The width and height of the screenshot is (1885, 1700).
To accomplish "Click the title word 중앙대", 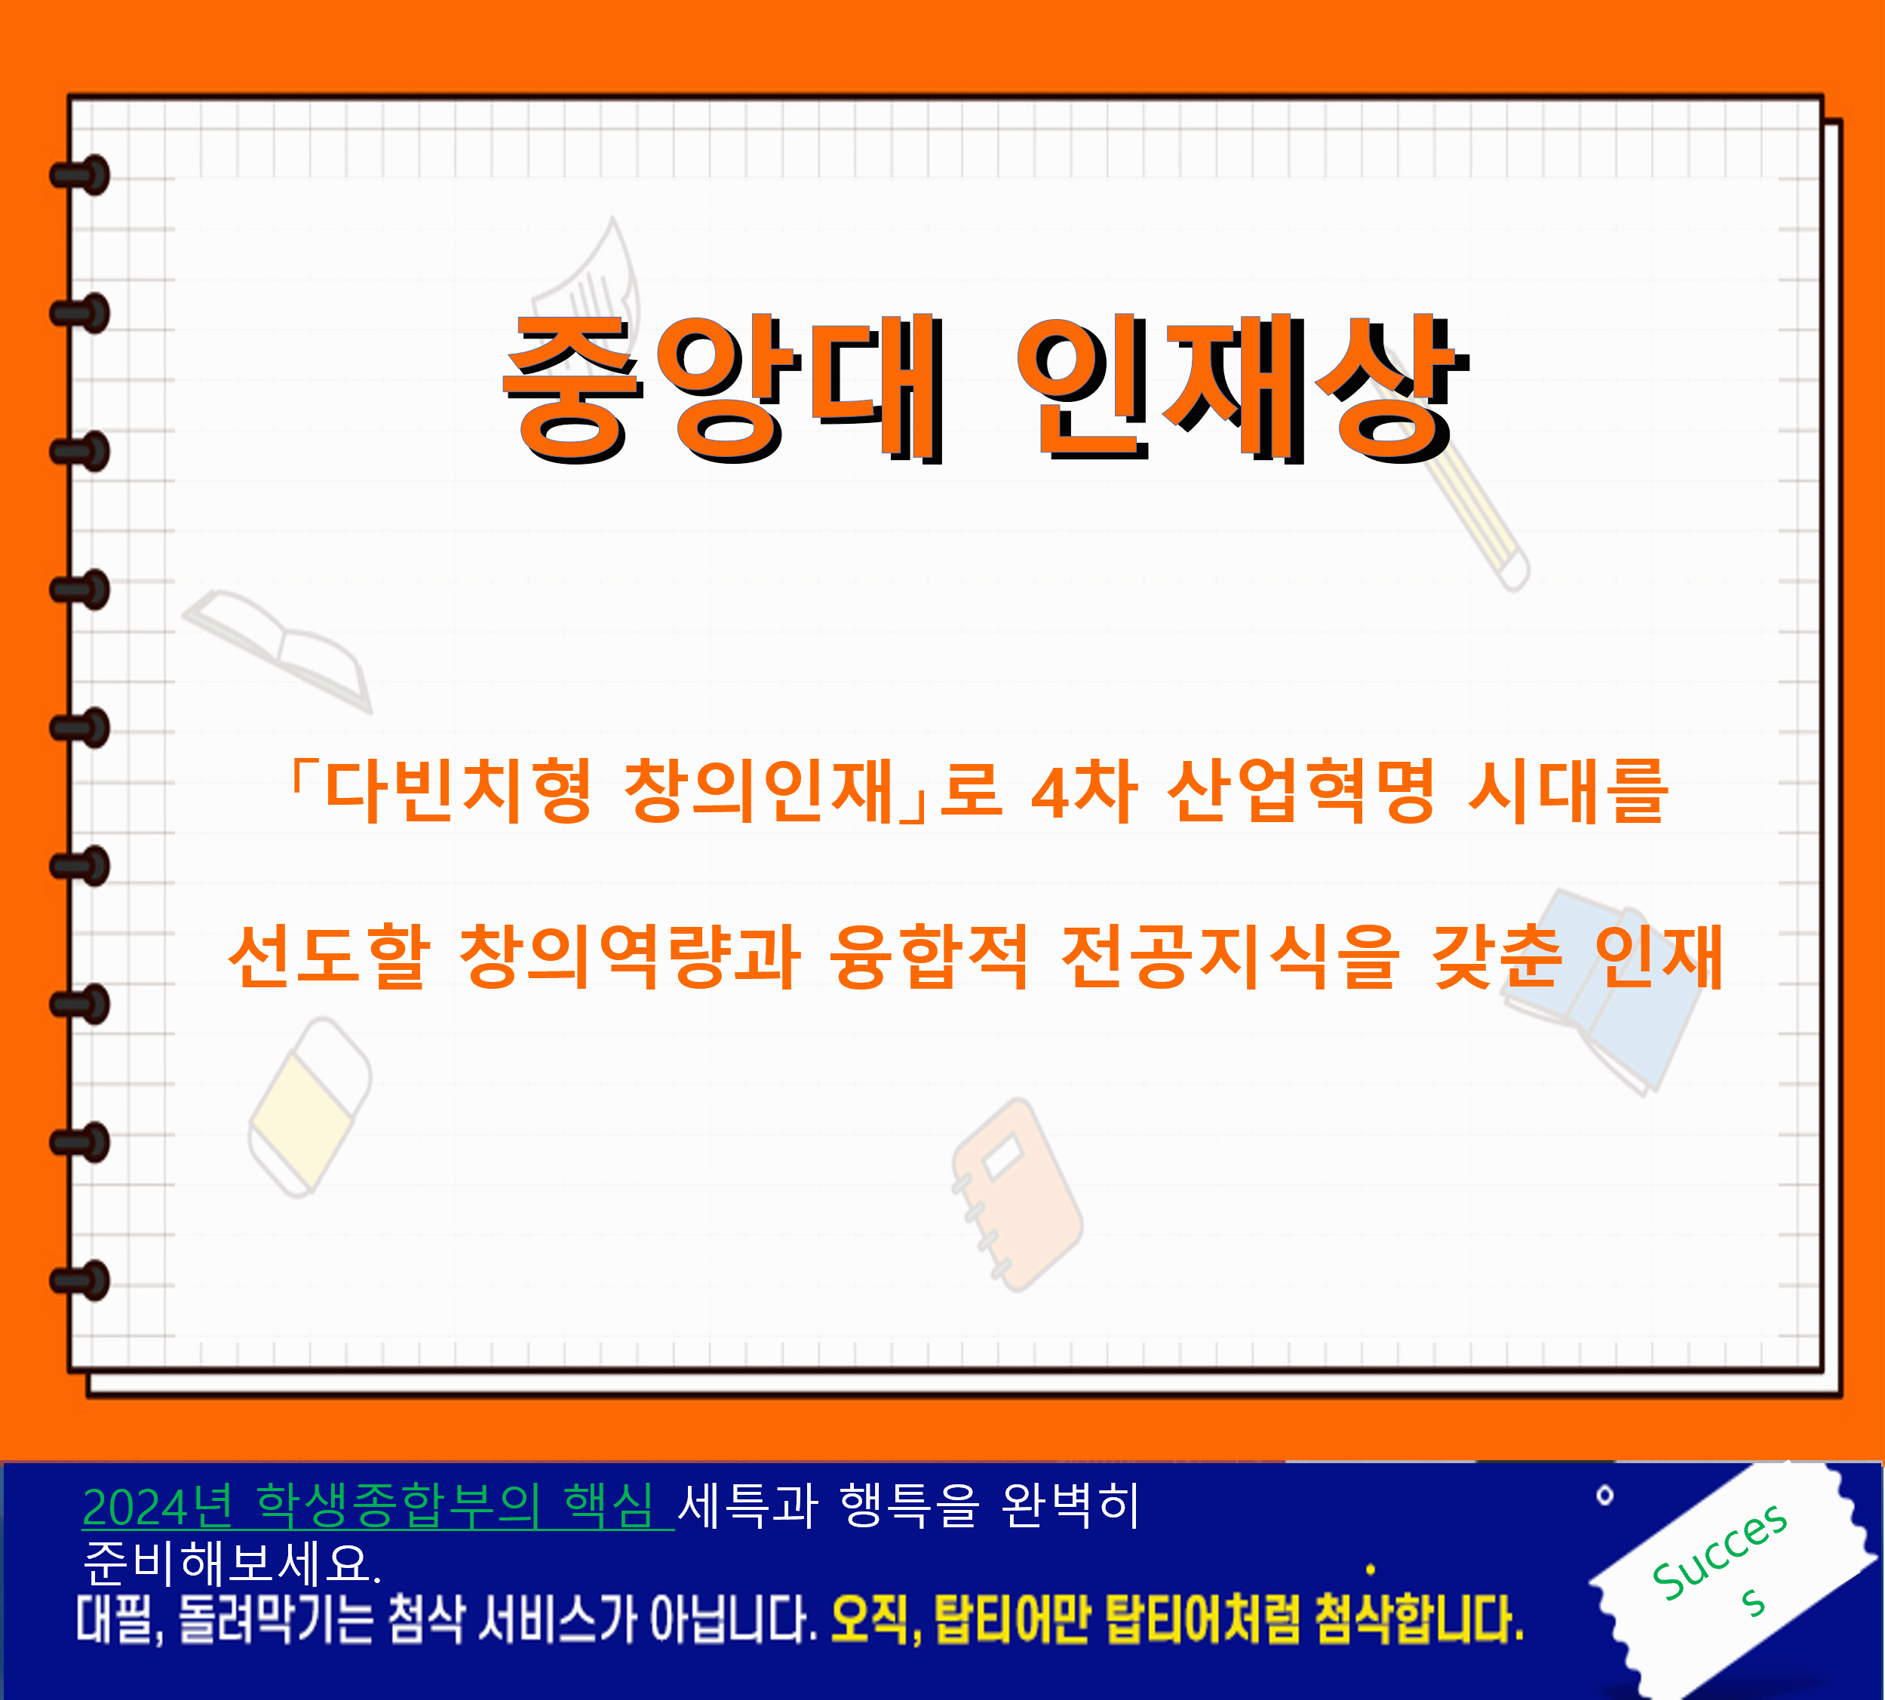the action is pyautogui.click(x=725, y=388).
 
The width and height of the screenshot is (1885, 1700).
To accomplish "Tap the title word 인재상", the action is pyautogui.click(x=1242, y=388).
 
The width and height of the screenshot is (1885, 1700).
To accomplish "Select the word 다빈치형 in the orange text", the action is pyautogui.click(x=458, y=790).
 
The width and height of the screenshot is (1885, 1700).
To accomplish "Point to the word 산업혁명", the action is pyautogui.click(x=1301, y=790).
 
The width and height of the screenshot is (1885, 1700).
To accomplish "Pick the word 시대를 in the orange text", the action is pyautogui.click(x=1567, y=790).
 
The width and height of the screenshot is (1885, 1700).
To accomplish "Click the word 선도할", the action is pyautogui.click(x=330, y=956).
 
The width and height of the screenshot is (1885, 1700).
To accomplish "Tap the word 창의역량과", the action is pyautogui.click(x=630, y=956).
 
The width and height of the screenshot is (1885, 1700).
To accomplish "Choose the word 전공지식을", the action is pyautogui.click(x=1231, y=956).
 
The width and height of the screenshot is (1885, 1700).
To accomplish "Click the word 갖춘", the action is pyautogui.click(x=1497, y=956).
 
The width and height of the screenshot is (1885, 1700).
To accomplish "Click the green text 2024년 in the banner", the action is pyautogui.click(x=157, y=1508).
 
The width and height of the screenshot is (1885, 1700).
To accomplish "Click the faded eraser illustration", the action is pyautogui.click(x=309, y=1107).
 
